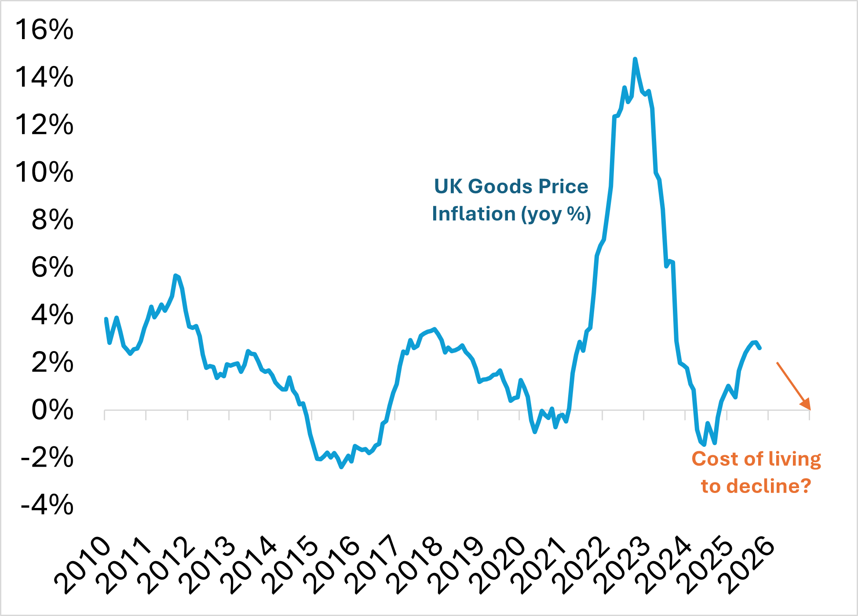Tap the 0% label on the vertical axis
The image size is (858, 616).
pos(52,410)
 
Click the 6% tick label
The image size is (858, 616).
pos(52,267)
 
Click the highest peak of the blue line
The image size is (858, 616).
pos(635,59)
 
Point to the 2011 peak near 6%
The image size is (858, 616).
pos(175,275)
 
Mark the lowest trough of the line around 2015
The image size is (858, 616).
pos(342,467)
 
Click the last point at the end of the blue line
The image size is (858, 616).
pos(760,348)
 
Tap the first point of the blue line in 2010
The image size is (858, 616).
pos(106,319)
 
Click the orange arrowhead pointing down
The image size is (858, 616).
pos(806,405)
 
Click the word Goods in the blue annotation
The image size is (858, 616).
pos(500,186)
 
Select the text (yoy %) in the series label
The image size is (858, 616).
pos(556,214)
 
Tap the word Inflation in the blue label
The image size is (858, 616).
pos(473,214)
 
